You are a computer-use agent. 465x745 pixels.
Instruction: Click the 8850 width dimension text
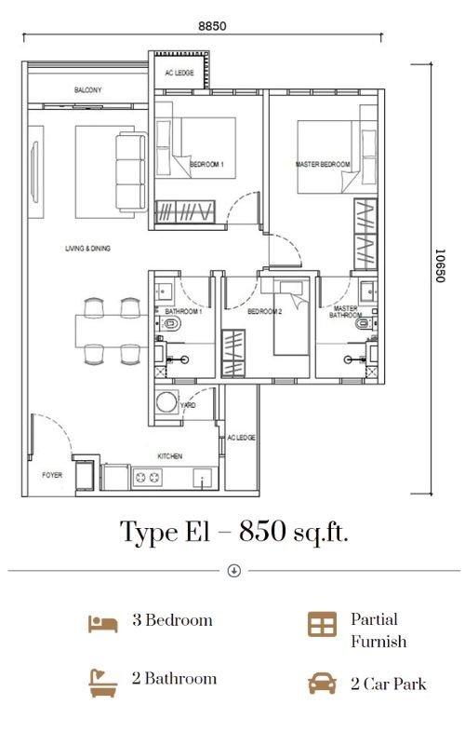pyautogui.click(x=212, y=26)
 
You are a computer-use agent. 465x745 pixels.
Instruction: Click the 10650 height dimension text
pyautogui.click(x=440, y=265)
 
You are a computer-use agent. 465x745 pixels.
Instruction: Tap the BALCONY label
pyautogui.click(x=87, y=89)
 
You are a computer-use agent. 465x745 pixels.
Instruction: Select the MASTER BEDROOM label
pyautogui.click(x=323, y=165)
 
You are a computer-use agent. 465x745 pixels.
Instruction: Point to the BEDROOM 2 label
pyautogui.click(x=265, y=312)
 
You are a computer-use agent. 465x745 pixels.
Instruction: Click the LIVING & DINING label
pyautogui.click(x=87, y=248)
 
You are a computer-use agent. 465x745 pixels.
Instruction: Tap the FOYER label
pyautogui.click(x=52, y=475)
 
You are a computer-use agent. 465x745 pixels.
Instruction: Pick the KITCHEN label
pyautogui.click(x=170, y=456)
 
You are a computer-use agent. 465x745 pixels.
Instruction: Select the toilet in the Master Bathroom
pyautogui.click(x=365, y=324)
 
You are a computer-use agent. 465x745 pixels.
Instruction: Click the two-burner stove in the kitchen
pyautogui.click(x=147, y=478)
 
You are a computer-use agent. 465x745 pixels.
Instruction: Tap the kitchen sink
pyautogui.click(x=203, y=478)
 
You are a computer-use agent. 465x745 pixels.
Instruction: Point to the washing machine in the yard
pyautogui.click(x=167, y=402)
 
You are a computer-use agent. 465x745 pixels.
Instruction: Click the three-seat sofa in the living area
pyautogui.click(x=131, y=171)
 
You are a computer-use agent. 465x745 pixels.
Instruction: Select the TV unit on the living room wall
pyautogui.click(x=35, y=171)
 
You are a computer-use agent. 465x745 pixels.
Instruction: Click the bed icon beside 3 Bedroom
pyautogui.click(x=103, y=624)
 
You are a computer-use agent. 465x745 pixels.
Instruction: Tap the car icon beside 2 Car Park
pyautogui.click(x=323, y=684)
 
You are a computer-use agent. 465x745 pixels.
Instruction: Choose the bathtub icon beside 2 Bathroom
pyautogui.click(x=103, y=683)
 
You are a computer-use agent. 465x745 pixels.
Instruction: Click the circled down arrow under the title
pyautogui.click(x=234, y=571)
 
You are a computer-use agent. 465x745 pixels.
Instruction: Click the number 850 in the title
pyautogui.click(x=262, y=531)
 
